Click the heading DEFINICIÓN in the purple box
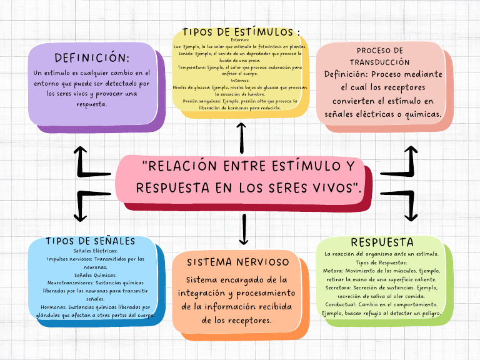(92, 57)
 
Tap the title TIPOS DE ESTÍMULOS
(240, 31)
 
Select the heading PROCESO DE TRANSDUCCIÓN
(380, 56)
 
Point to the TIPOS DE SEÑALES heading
(91, 241)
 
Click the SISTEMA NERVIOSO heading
(238, 261)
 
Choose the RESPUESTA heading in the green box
(382, 242)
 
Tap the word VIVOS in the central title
(333, 187)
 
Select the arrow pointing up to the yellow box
(241, 136)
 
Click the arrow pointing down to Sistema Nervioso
(244, 229)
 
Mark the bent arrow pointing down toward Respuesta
(402, 204)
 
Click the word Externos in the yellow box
(240, 40)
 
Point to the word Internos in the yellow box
(240, 79)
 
